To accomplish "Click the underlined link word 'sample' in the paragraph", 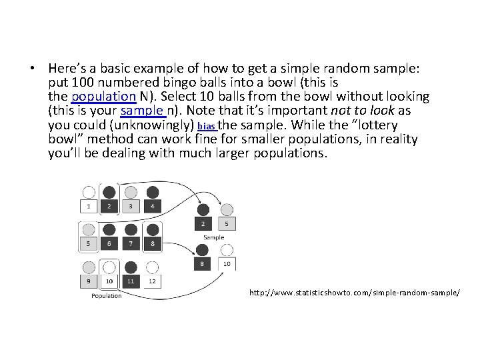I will (141, 111).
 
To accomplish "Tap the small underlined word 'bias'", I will (207, 126).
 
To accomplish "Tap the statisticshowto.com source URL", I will (354, 292).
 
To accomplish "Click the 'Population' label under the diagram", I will (107, 295).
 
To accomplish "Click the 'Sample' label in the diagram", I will (214, 237).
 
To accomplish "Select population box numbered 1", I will (88, 207).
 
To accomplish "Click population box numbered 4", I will (152, 207).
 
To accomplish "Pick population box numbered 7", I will (131, 244).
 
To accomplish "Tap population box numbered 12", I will (152, 281).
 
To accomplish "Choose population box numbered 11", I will (131, 281).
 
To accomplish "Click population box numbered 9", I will (88, 281).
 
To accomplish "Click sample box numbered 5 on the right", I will (227, 224).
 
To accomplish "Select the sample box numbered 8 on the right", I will (201, 264).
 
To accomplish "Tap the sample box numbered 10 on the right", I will (227, 264).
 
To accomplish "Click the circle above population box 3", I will (131, 192).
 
